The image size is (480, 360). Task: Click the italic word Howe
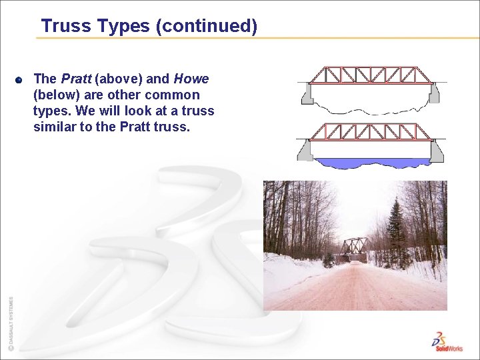(191, 79)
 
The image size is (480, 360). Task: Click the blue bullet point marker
(19, 80)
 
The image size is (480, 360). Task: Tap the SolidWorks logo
(445, 341)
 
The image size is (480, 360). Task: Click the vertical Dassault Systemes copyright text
(10, 323)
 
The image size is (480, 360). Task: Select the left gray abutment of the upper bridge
(307, 94)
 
